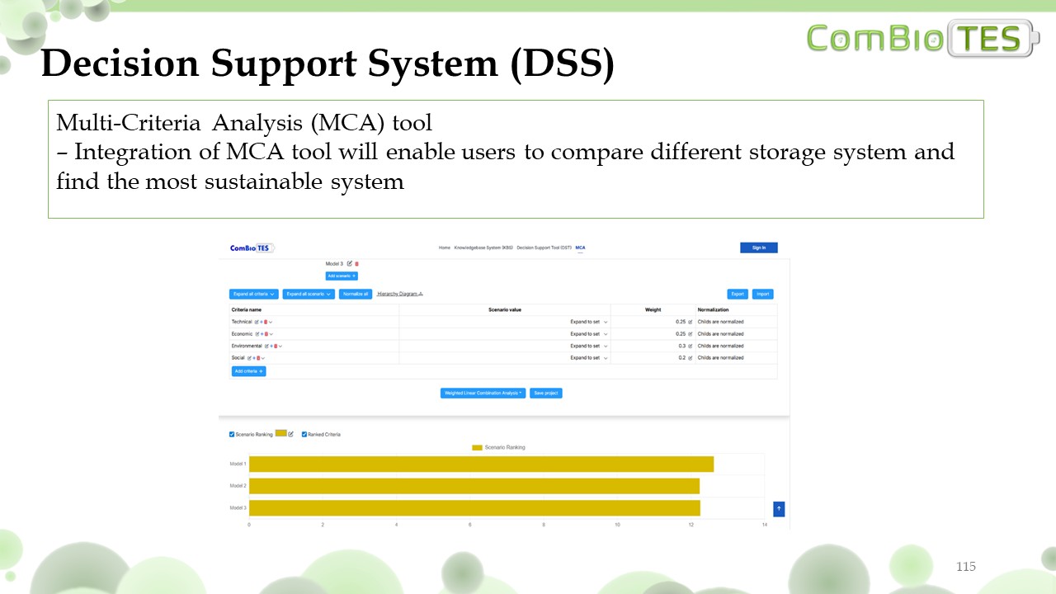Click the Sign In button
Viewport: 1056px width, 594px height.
click(x=759, y=247)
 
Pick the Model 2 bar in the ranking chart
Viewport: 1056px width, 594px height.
click(x=474, y=486)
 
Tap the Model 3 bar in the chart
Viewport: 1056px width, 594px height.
click(x=474, y=507)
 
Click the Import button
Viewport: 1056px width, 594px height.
click(x=762, y=294)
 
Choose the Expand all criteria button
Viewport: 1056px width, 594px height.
click(x=253, y=294)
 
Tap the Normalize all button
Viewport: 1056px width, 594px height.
click(x=355, y=294)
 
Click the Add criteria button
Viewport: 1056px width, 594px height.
click(x=248, y=371)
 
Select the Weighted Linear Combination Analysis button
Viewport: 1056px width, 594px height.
click(x=483, y=393)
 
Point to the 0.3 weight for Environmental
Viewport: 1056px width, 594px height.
click(x=682, y=346)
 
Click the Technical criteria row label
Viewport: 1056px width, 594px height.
click(x=242, y=322)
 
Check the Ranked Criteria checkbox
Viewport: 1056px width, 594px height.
click(x=304, y=434)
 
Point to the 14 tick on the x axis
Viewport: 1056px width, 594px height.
click(x=765, y=524)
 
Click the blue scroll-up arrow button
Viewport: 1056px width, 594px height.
click(x=779, y=509)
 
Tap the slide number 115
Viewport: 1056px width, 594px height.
click(x=966, y=566)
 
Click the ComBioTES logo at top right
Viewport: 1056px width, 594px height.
click(x=923, y=39)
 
